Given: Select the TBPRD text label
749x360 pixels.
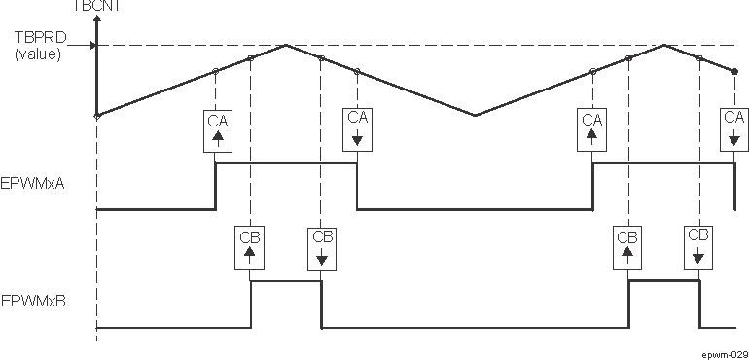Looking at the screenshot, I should [38, 38].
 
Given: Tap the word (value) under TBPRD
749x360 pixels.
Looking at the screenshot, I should [38, 54].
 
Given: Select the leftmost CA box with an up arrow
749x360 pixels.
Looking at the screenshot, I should [216, 129].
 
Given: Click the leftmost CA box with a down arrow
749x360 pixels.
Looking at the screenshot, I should [357, 129].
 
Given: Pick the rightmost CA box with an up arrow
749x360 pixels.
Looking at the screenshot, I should [592, 129].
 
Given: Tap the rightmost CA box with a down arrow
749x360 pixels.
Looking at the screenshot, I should [734, 129].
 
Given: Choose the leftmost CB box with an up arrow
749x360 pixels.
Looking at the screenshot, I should [251, 248].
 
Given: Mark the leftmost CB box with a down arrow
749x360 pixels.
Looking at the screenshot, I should [322, 248].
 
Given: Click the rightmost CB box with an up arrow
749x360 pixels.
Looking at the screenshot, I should [627, 248].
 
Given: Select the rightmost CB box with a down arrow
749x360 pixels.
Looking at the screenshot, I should [698, 248].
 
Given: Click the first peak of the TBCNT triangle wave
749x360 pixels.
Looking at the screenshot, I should [286, 45].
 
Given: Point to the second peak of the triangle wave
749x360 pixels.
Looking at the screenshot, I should [663, 45].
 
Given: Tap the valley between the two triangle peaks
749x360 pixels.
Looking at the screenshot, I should [475, 115].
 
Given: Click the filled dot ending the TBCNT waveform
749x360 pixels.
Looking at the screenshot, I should [734, 71].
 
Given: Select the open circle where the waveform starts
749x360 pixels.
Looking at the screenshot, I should [96, 115].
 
